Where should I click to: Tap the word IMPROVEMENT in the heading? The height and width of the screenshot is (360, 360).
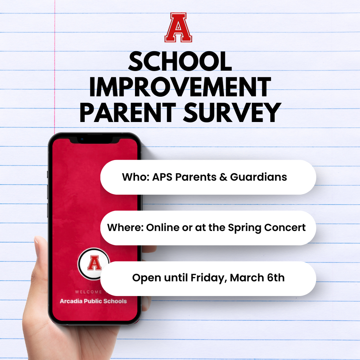click(180, 88)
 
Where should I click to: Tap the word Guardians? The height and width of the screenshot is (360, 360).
click(258, 177)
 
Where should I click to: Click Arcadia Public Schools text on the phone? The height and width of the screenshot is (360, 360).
click(93, 301)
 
